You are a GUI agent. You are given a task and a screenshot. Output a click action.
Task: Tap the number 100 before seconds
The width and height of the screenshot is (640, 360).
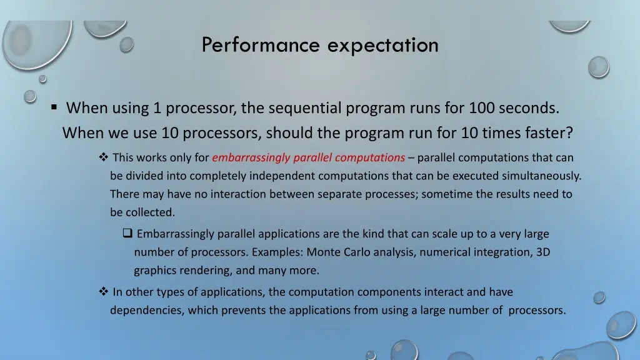pyautogui.click(x=482, y=108)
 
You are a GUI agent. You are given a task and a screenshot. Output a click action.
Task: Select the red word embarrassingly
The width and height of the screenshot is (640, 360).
pyautogui.click(x=244, y=157)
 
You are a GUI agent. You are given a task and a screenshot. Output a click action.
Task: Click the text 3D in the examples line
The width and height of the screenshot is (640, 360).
pyautogui.click(x=542, y=252)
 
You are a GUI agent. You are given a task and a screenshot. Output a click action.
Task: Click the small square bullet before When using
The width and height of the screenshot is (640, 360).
pyautogui.click(x=55, y=108)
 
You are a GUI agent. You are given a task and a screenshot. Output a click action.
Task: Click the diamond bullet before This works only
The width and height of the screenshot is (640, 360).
pyautogui.click(x=104, y=157)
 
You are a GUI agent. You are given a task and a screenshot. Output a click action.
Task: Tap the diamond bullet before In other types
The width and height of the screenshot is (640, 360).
pyautogui.click(x=104, y=292)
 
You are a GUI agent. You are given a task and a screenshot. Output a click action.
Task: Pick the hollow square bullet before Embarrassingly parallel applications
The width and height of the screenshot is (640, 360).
pyautogui.click(x=127, y=234)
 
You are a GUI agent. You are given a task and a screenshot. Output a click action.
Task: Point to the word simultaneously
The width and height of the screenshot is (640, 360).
pyautogui.click(x=542, y=176)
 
